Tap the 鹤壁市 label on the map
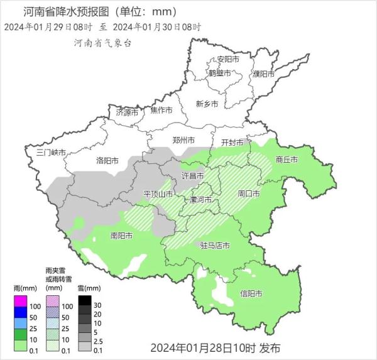tap(219, 74)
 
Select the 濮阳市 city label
tap(264, 74)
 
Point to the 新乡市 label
tap(207, 104)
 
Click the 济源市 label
tap(127, 112)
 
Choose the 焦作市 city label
tap(161, 110)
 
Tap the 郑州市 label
tap(183, 139)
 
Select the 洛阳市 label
tap(107, 161)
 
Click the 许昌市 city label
tap(192, 175)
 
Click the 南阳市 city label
tap(121, 236)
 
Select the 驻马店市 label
tap(214, 245)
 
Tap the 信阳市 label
tap(251, 293)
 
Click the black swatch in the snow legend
tap(84, 302)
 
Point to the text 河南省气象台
tap(103, 43)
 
